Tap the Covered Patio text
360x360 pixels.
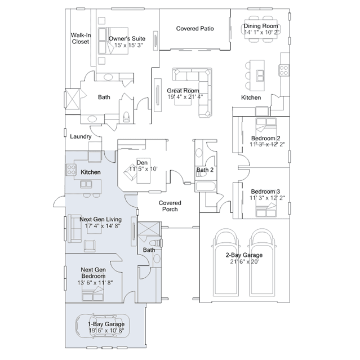tap(194, 28)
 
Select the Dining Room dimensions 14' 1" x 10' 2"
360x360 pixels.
tap(262, 33)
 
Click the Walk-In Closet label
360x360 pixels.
tap(80, 38)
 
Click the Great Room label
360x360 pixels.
tap(183, 90)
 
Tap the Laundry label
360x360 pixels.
tap(81, 136)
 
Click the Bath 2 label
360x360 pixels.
tap(205, 170)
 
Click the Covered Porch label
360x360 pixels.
tap(169, 206)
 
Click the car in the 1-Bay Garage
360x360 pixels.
tap(106, 326)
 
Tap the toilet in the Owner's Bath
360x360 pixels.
tap(127, 117)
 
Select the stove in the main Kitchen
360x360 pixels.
tap(283, 70)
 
